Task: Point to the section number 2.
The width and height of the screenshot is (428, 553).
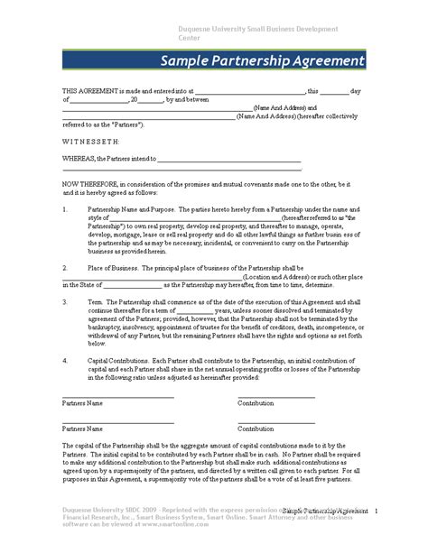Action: click(x=65, y=268)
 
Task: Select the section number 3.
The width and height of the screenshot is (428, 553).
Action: click(x=65, y=303)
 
